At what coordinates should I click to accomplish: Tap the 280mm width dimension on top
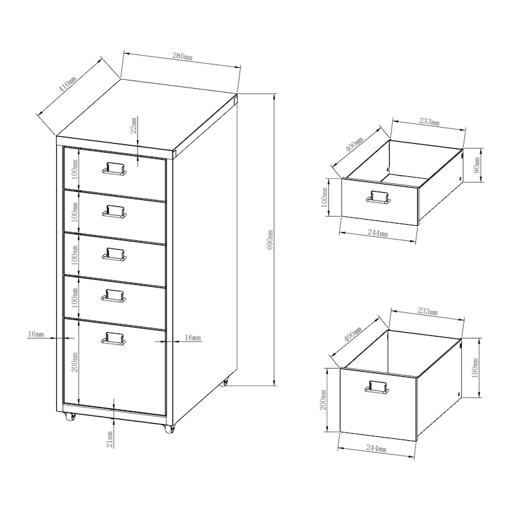pos(183,56)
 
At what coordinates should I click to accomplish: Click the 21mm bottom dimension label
pos(109,439)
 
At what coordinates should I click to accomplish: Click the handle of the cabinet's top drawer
pos(114,168)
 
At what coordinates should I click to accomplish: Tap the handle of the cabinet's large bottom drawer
pos(114,339)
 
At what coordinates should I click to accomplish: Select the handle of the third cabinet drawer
pos(114,254)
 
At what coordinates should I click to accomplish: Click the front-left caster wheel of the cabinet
pos(69,417)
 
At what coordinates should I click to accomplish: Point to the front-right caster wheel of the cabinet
pos(170,429)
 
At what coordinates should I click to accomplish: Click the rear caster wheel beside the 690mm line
pos(224,383)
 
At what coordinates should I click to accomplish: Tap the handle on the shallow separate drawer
pos(378,197)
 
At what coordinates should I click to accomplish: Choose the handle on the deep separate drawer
pos(376,386)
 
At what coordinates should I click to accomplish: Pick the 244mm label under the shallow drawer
pos(378,234)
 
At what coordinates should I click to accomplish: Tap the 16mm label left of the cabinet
pos(36,334)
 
